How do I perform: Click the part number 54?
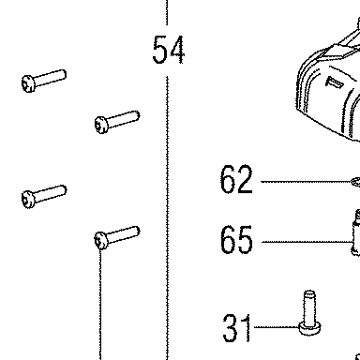[169, 50]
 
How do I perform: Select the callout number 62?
[236, 179]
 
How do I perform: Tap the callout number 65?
[236, 240]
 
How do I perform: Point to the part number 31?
[237, 328]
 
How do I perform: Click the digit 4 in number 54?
[176, 50]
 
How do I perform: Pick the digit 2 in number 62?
[245, 179]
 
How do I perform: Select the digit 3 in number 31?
[230, 328]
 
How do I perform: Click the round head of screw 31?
[309, 328]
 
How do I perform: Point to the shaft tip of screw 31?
[309, 293]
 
